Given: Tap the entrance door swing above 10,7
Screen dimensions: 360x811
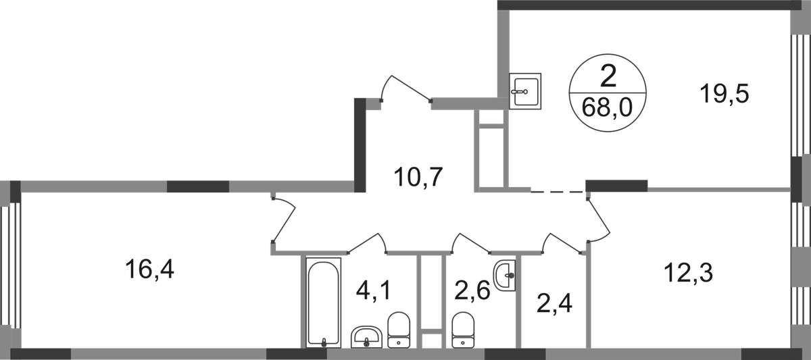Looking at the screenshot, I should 406,88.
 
